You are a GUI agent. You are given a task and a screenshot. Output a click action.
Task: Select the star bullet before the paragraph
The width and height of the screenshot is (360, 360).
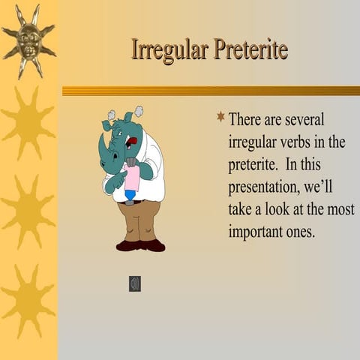click(220, 116)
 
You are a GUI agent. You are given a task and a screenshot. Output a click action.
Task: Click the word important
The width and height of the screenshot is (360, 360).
click(257, 232)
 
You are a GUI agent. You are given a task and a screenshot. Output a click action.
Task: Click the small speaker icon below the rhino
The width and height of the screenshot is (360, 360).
click(135, 283)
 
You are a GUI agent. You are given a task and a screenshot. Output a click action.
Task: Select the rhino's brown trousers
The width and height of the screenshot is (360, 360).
click(139, 220)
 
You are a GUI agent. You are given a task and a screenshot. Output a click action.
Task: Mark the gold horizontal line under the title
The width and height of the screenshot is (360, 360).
click(210, 91)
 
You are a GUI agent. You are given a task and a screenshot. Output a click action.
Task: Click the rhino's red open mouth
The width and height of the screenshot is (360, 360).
click(133, 139)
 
